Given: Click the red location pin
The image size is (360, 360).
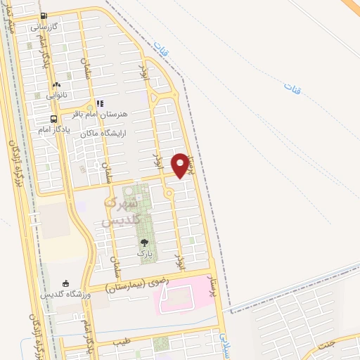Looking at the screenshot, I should click(184, 165).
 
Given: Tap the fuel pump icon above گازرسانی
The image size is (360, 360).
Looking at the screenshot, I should click(44, 16).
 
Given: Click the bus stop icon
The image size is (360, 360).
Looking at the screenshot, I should click(53, 119).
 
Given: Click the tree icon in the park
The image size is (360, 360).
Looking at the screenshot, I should click(144, 242).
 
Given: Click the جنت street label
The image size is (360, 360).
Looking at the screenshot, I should click(325, 345).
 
